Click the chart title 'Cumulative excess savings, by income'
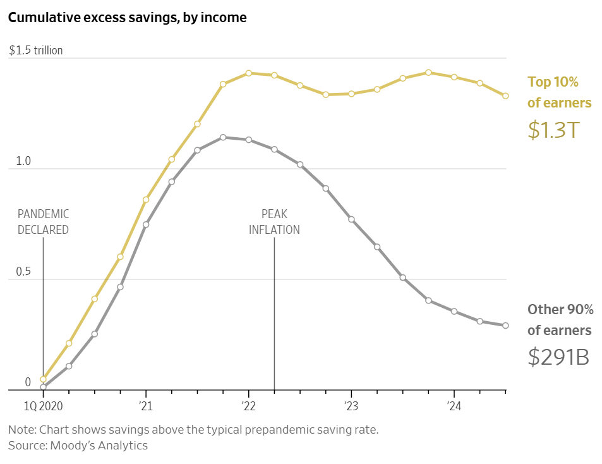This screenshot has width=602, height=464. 127,18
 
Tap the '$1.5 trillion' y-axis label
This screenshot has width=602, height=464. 36,51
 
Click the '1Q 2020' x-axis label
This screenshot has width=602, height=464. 43,405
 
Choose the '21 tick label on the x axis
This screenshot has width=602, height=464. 146,405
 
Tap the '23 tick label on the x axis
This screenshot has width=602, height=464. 351,405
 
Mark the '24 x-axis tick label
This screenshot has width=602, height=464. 454,405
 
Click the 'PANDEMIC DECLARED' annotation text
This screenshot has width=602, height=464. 43,222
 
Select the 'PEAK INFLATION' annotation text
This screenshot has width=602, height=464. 274,222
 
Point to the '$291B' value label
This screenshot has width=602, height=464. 558,358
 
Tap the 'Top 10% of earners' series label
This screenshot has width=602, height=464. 559,92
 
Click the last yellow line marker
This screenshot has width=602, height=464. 505,96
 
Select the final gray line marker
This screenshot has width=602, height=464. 505,326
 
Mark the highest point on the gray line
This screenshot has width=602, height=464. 223,137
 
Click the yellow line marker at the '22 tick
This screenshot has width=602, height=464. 249,73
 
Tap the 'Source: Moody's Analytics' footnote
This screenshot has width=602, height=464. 78,446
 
